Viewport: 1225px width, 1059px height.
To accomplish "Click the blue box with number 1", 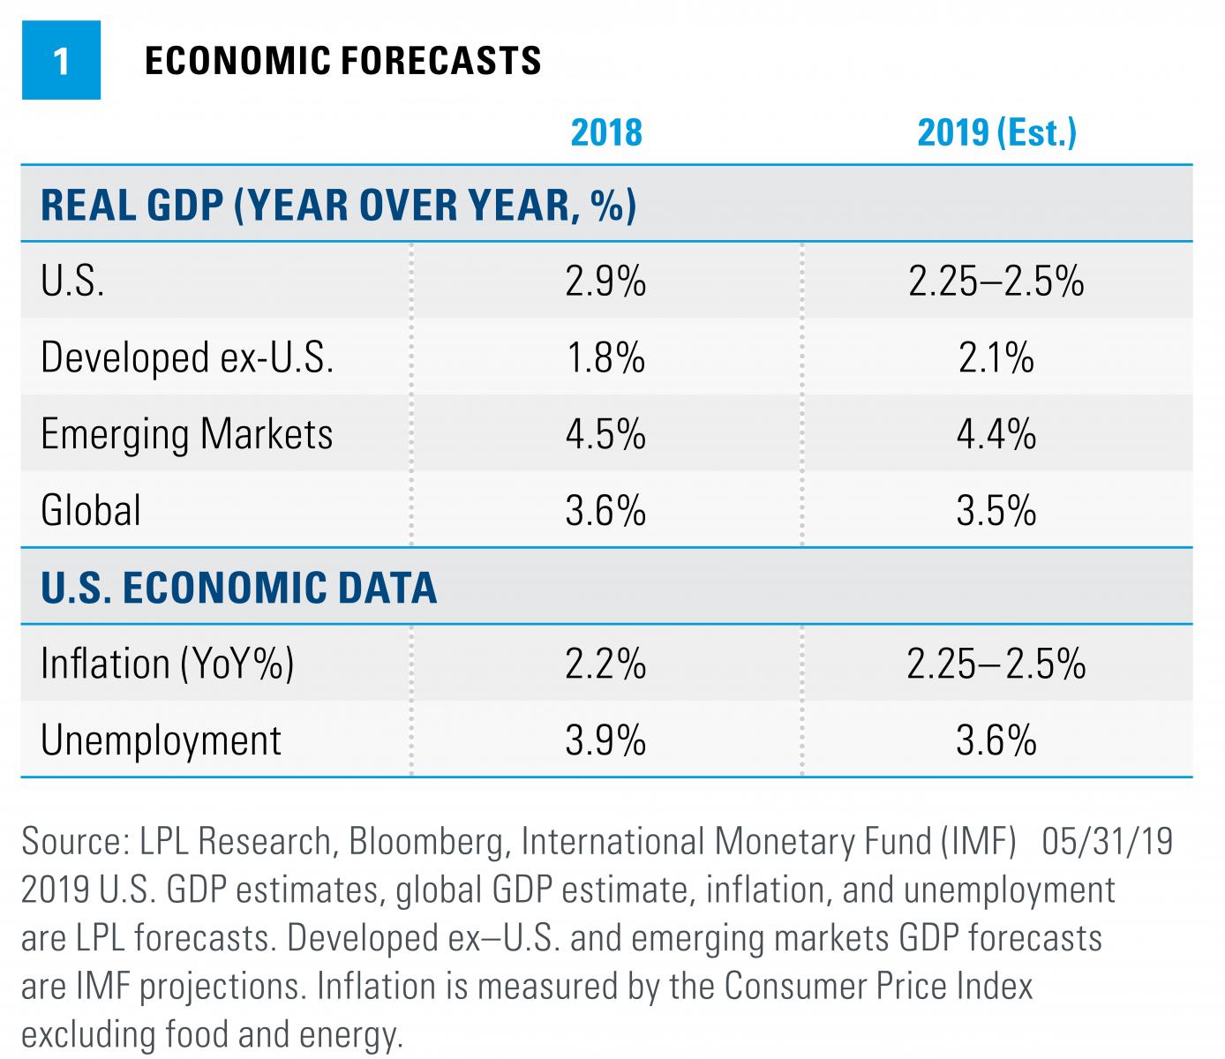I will (61, 61).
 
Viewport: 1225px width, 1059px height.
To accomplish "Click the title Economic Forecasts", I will (342, 61).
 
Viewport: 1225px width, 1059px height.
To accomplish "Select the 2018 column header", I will (606, 132).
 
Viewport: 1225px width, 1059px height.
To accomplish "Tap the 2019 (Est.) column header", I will (996, 132).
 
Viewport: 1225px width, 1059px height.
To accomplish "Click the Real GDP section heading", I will (338, 205).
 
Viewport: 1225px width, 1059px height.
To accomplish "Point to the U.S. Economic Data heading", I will (238, 587).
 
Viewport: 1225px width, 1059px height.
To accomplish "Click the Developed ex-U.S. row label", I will (187, 357).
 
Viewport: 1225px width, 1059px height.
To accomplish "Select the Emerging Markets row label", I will (187, 434).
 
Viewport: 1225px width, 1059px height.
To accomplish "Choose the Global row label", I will (91, 510).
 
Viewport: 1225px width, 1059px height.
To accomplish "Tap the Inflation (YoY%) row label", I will (167, 664).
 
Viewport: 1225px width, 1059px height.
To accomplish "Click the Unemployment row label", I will (161, 740).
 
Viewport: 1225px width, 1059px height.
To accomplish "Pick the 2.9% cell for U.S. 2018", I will (605, 282).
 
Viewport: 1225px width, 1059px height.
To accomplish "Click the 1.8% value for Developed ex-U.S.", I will (605, 357).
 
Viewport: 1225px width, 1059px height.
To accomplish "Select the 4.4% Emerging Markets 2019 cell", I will (996, 434).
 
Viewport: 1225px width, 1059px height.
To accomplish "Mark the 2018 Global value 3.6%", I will (605, 510).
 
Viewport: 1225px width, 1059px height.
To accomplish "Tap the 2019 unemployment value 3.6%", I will (996, 740).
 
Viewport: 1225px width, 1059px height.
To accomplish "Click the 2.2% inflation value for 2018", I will (605, 664).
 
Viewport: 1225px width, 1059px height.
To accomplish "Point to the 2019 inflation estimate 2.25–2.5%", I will (996, 664).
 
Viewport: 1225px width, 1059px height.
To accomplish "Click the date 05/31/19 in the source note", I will (1108, 841).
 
